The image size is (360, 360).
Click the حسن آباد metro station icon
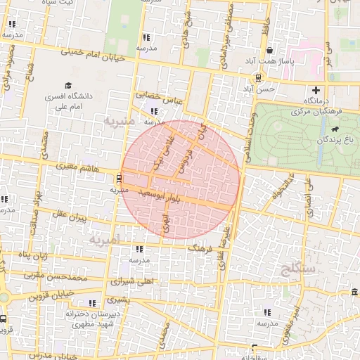pos(259,77)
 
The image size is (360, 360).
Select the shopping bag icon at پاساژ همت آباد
pos(271,50)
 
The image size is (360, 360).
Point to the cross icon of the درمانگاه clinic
pos(316,90)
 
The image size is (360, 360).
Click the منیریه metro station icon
pos(119,178)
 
